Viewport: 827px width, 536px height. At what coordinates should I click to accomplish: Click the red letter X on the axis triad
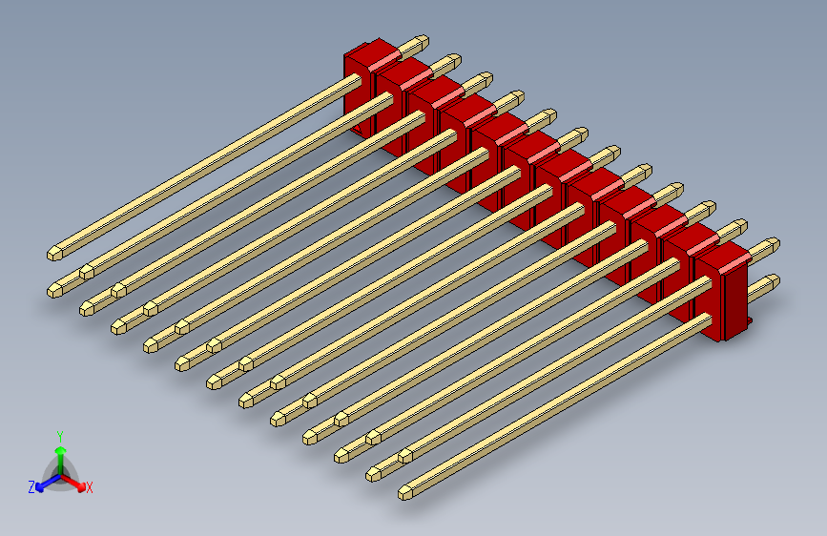(90, 487)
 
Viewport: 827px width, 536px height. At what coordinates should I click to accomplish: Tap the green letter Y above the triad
(59, 435)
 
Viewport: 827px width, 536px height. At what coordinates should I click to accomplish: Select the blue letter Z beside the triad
(31, 486)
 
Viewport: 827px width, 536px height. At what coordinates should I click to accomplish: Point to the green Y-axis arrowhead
(59, 448)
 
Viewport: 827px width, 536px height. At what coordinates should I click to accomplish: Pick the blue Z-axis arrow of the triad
(44, 483)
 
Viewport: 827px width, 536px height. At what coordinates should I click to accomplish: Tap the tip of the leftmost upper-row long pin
(53, 254)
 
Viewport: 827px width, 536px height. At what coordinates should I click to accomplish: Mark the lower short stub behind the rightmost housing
(768, 281)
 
